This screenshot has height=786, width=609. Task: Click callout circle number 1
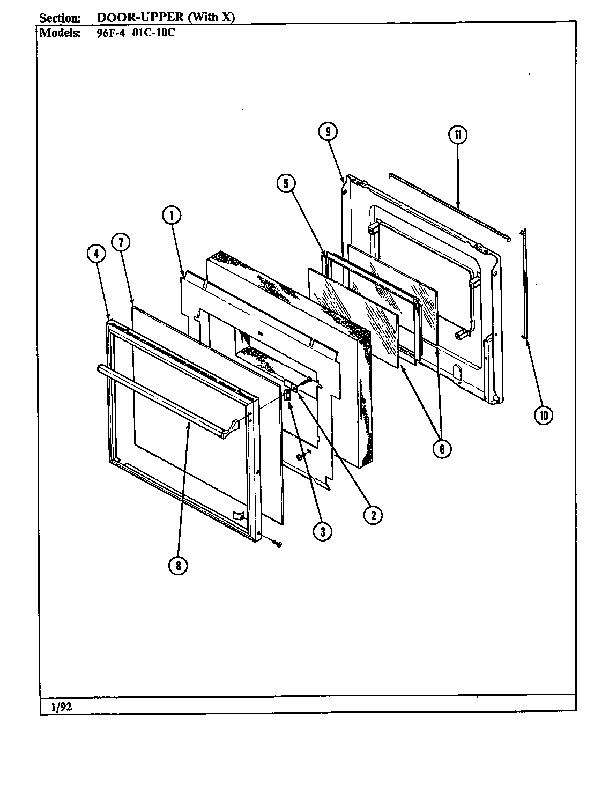click(x=172, y=216)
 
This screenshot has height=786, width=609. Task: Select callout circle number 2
click(x=373, y=515)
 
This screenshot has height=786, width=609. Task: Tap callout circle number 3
click(x=322, y=531)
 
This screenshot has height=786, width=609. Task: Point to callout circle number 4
click(x=96, y=255)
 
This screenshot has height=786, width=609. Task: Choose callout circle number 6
click(x=442, y=448)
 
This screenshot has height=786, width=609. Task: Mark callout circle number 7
click(x=121, y=243)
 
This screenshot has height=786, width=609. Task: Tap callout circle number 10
click(x=544, y=415)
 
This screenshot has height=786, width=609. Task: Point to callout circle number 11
click(x=457, y=135)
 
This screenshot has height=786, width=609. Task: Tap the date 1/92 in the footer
click(x=62, y=707)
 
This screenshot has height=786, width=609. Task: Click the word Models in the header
click(x=60, y=32)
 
